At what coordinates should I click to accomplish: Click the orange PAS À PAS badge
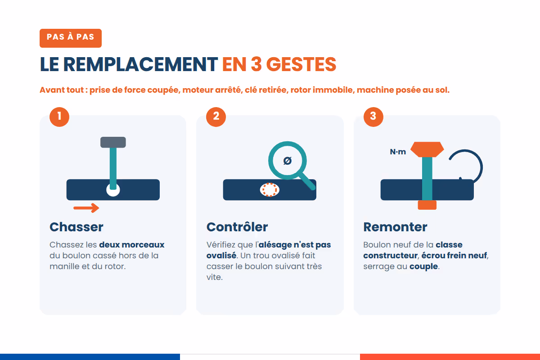point(71,38)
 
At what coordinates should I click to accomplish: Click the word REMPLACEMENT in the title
point(140,64)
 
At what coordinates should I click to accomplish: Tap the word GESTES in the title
point(301,64)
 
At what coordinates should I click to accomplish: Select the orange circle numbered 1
point(59,117)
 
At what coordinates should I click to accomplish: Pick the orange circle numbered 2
point(216,117)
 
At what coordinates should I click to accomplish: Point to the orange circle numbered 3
point(373,117)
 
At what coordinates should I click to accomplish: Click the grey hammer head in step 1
point(113,142)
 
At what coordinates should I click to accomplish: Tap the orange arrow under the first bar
point(86,208)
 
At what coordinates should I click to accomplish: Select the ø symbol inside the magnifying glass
point(288,161)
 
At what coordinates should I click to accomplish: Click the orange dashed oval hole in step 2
point(270,190)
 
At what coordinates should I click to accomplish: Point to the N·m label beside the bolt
point(398,152)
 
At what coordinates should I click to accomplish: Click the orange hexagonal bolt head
point(427,149)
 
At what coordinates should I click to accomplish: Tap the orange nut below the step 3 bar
point(427,205)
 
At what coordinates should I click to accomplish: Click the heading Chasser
point(76,227)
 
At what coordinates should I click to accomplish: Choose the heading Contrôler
point(237,227)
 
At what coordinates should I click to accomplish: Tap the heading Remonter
point(396,227)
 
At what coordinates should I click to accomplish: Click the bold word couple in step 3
point(423,267)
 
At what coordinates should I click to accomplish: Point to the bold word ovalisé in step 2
point(221,255)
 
